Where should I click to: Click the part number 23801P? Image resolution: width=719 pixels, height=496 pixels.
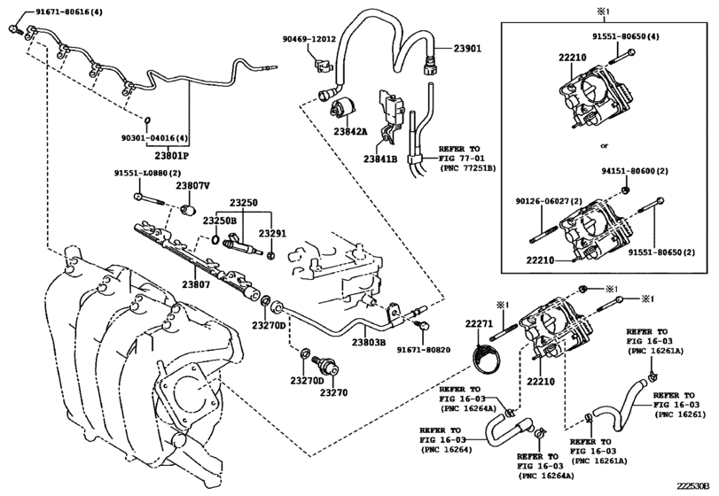[171, 156]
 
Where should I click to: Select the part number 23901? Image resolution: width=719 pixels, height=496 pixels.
[468, 49]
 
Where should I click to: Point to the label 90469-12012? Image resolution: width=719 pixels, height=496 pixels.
[309, 39]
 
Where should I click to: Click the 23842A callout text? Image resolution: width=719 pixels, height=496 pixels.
[351, 131]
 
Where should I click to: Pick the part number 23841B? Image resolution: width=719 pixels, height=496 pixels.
[380, 159]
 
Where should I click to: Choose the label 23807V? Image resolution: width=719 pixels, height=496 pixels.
[192, 186]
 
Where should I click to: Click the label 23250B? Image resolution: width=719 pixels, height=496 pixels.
[220, 221]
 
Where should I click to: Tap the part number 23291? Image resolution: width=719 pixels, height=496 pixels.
[271, 234]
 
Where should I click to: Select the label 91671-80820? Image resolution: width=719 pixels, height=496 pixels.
[423, 350]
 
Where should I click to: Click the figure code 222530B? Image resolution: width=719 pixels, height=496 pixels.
[694, 485]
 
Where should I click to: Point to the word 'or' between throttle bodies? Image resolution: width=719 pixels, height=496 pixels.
[604, 145]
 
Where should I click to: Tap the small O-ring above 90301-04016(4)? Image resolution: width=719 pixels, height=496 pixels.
[147, 120]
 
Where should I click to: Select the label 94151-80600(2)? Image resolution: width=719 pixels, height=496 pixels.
[635, 171]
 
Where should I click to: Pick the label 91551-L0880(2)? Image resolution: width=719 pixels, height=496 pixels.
[148, 174]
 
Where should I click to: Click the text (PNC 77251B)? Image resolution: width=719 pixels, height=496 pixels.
[468, 168]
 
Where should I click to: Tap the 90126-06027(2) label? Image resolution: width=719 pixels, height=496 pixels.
[549, 201]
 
